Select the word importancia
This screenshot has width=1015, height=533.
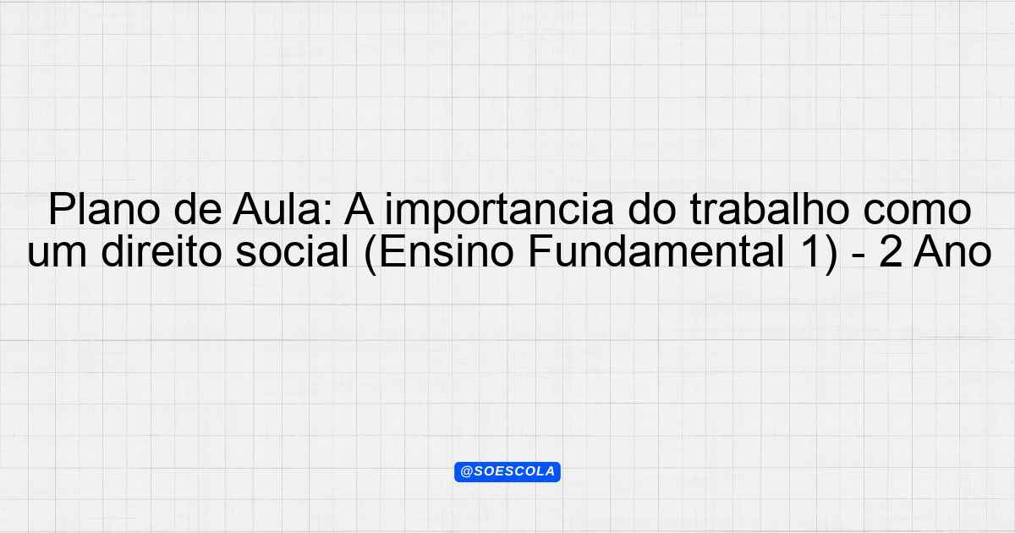pos(499,212)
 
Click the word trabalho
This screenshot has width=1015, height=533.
pos(770,210)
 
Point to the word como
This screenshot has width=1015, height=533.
pos(917,214)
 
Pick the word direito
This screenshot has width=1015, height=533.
pos(161,251)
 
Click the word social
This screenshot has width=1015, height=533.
pos(293,251)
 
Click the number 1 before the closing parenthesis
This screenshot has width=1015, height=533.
pos(807,252)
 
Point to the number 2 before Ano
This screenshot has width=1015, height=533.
pos(890,251)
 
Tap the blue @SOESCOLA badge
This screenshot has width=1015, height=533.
pos(507,472)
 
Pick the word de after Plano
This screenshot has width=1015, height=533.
pos(198,210)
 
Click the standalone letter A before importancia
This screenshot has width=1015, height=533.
pos(359,210)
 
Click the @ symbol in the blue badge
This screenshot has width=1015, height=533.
pos(466,472)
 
